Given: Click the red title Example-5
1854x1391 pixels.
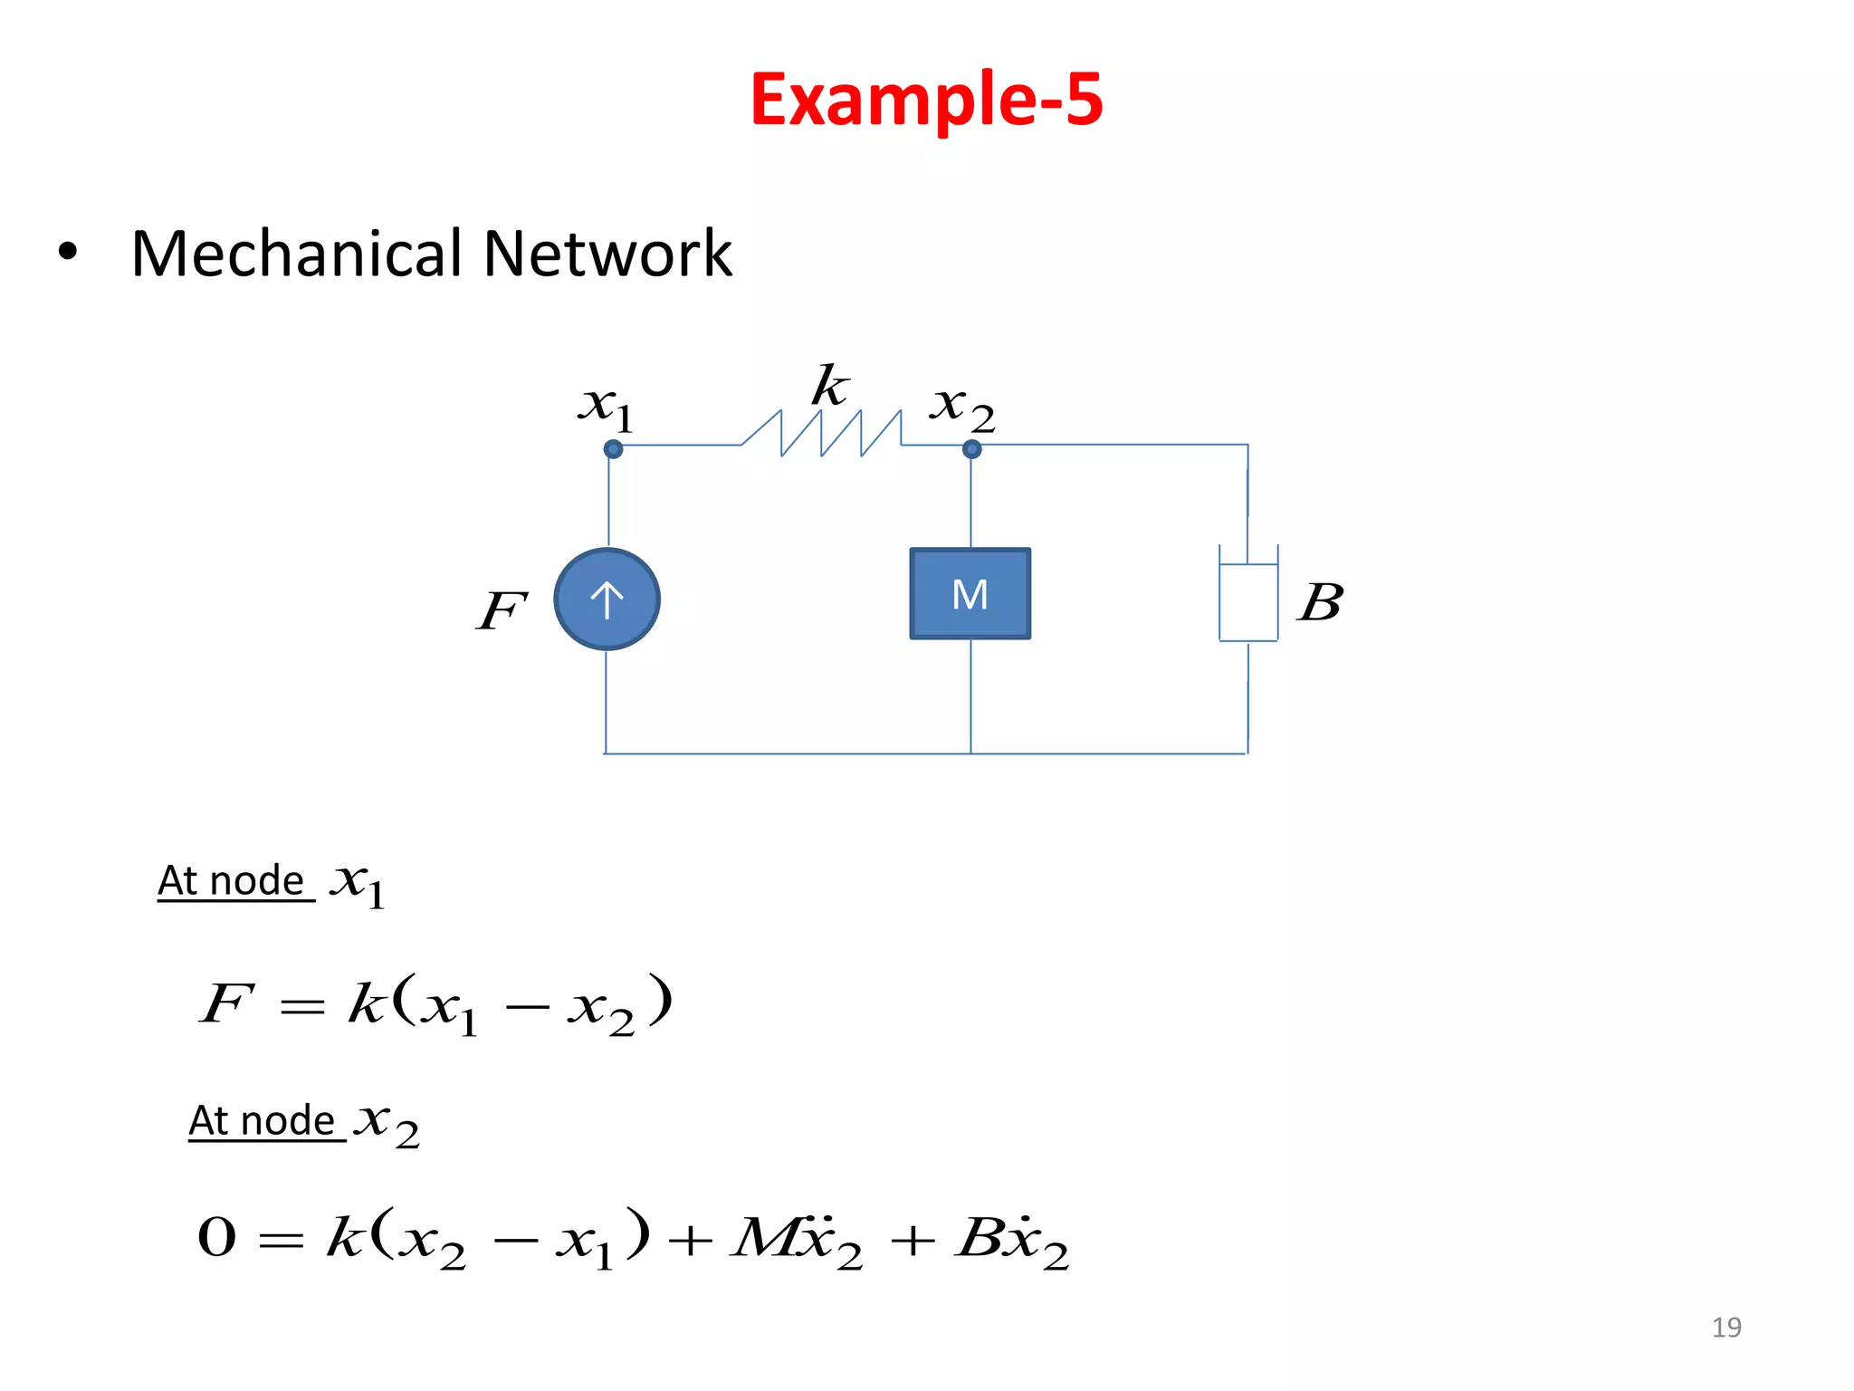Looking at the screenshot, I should (x=926, y=100).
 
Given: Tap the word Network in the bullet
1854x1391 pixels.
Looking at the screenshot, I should (x=607, y=254).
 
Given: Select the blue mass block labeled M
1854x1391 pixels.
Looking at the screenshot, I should (x=970, y=594).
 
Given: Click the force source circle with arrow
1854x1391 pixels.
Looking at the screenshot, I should (x=607, y=599).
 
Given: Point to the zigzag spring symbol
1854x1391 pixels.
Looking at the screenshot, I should (x=821, y=434).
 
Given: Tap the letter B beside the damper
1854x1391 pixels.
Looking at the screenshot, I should (x=1321, y=602).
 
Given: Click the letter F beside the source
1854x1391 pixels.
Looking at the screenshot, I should (x=501, y=610).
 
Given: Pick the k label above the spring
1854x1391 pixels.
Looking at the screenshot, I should (x=829, y=387).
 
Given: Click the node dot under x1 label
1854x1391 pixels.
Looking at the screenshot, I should (x=613, y=449).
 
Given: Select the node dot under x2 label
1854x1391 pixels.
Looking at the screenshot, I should (x=971, y=449).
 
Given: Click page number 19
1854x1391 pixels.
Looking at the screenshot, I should (x=1725, y=1328).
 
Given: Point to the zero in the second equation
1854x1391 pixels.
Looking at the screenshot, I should (x=217, y=1237).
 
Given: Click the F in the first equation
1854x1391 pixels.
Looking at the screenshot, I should (x=225, y=1003).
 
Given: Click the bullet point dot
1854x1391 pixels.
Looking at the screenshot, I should (x=68, y=253).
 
